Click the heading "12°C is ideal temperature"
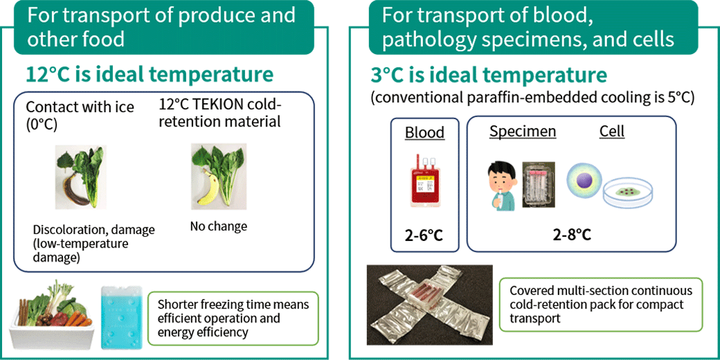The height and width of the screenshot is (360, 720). [x=150, y=74]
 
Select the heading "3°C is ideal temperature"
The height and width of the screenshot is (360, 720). [x=489, y=75]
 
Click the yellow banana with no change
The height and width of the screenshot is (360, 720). [x=209, y=188]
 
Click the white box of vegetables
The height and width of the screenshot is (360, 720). [x=51, y=318]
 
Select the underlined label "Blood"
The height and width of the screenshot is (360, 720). [x=425, y=132]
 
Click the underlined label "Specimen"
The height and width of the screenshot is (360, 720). [x=523, y=132]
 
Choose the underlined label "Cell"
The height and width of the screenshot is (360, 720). [x=612, y=132]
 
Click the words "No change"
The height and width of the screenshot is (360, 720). [x=218, y=226]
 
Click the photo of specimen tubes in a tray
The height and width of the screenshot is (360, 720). [x=539, y=185]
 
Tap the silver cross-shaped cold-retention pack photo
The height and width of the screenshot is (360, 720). [x=429, y=305]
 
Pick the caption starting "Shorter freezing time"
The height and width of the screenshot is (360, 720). [x=233, y=318]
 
